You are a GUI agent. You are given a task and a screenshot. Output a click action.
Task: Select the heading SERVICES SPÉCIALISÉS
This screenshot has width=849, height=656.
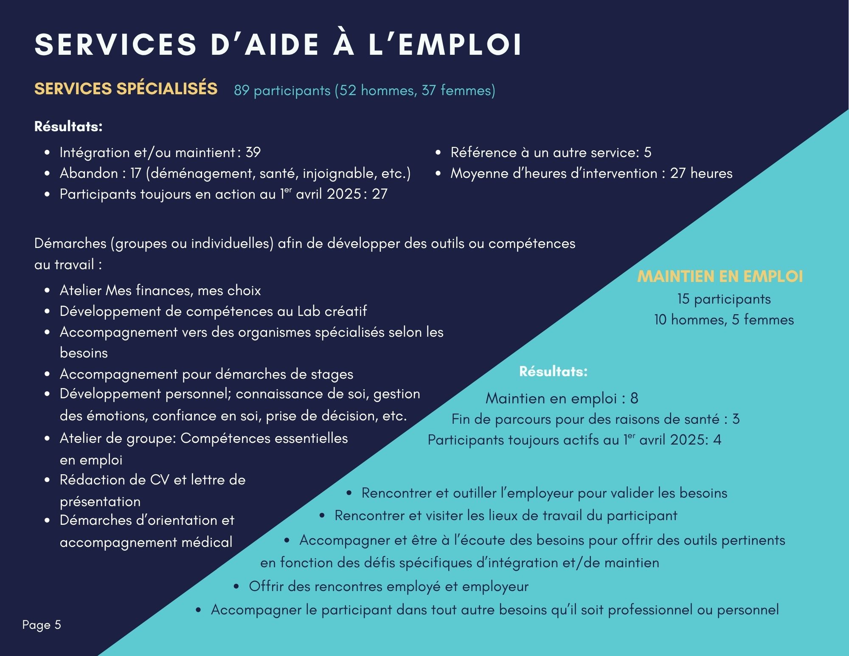(126, 89)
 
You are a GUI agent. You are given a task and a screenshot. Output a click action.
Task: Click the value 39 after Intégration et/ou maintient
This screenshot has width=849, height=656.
(253, 152)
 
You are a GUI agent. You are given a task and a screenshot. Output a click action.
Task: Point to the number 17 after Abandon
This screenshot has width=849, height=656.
(136, 173)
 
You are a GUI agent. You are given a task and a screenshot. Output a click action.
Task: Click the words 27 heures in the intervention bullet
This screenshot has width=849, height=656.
(701, 173)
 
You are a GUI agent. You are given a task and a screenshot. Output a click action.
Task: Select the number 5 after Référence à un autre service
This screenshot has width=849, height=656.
(647, 152)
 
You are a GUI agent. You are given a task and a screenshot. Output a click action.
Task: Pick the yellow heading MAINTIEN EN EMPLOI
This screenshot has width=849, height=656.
(720, 276)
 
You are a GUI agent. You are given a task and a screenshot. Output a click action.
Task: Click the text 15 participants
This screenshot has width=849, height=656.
(724, 299)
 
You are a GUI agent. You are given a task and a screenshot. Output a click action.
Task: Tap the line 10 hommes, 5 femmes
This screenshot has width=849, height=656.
(724, 320)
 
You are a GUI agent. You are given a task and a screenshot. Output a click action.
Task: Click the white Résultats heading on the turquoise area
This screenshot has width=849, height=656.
(553, 372)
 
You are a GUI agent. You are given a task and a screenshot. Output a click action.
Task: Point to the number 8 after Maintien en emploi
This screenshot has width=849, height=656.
(634, 398)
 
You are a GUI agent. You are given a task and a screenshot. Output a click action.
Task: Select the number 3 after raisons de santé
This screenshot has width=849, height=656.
(736, 419)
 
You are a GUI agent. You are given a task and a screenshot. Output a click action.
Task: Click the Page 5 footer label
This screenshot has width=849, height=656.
(42, 625)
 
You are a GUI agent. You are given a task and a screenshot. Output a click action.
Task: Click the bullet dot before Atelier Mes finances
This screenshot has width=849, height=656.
(48, 291)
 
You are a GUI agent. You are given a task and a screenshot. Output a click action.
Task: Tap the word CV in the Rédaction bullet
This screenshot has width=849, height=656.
(160, 480)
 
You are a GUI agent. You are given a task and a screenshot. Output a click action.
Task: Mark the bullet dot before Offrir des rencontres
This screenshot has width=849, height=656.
(236, 587)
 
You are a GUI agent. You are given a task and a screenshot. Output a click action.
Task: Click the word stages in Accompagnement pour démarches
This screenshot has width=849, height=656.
(332, 374)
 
